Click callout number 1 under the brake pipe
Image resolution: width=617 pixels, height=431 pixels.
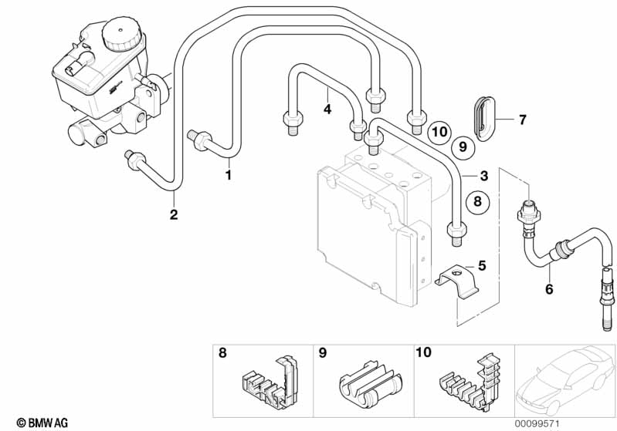[228, 175]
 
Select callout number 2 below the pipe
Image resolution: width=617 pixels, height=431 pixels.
[174, 214]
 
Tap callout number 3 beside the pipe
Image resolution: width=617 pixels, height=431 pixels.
[483, 175]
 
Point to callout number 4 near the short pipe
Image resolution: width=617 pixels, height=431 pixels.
[327, 109]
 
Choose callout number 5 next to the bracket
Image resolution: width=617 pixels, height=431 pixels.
[482, 266]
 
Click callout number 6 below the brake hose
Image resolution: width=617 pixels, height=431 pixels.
[549, 289]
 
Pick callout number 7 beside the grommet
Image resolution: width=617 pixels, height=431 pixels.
[522, 120]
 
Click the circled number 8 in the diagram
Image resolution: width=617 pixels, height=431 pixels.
[477, 201]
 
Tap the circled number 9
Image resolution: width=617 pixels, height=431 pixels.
[462, 146]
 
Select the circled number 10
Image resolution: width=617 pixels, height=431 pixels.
[439, 131]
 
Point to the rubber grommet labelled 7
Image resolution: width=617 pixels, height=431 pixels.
[483, 117]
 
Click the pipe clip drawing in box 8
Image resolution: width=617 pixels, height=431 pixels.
[266, 375]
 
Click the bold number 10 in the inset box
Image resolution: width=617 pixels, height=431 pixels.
[424, 352]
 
